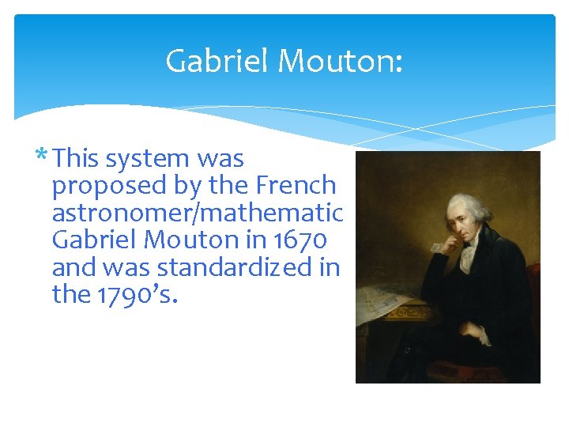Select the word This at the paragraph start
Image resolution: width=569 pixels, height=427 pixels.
77,159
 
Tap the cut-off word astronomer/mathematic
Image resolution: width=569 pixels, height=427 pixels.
197,213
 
